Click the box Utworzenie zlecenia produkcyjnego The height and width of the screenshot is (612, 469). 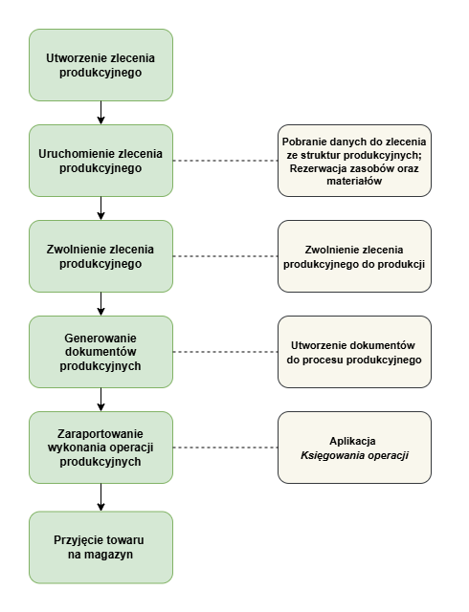tap(100, 65)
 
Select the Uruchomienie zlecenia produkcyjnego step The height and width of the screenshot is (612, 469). tap(100, 161)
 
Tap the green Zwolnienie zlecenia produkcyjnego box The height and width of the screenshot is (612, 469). tap(100, 256)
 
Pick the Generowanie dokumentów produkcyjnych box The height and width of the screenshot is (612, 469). tap(100, 352)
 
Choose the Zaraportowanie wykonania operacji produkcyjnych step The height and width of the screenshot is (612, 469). tap(100, 448)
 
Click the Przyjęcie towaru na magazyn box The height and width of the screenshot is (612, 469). tap(100, 547)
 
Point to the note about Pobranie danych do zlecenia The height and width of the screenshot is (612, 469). tap(354, 161)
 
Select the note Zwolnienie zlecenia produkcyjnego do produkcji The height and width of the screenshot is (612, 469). tap(354, 256)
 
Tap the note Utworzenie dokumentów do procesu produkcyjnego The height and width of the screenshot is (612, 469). tap(354, 352)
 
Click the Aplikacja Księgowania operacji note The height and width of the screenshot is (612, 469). tap(354, 448)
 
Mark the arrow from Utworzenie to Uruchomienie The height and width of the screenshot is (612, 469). tap(100, 113)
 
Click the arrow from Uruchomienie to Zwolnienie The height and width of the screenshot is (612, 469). tap(100, 208)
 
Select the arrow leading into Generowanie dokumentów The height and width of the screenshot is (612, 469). tap(100, 304)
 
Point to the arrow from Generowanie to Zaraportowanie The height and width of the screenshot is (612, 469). tap(100, 400)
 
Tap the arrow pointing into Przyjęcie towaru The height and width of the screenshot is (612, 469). tap(100, 497)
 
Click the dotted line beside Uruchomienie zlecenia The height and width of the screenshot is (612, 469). tap(226, 161)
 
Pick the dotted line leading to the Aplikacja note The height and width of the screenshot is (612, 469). tap(226, 448)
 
